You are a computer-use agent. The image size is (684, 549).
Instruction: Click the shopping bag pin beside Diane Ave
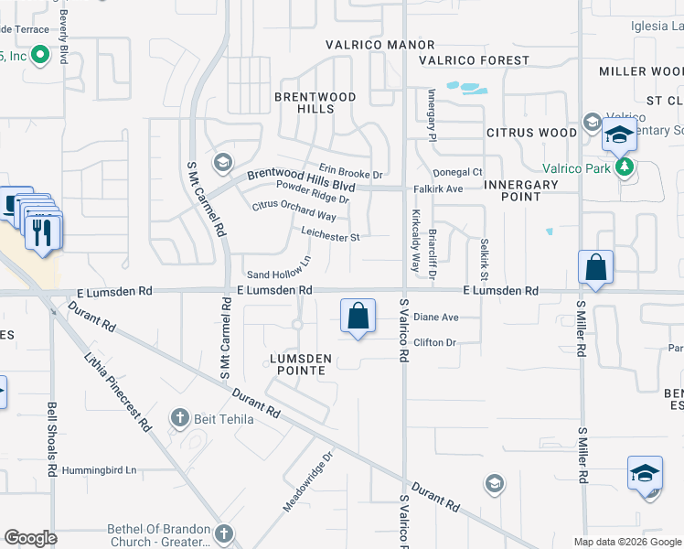pos(358,316)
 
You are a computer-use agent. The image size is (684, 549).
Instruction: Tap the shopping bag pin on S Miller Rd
pos(595,268)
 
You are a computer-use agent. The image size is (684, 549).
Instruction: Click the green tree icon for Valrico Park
pos(625,167)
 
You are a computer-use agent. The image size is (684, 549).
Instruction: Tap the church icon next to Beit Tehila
pos(179,418)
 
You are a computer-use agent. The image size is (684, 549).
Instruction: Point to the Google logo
pos(30,538)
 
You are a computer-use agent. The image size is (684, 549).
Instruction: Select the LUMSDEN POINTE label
pos(295,364)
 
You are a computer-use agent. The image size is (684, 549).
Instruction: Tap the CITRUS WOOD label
pos(531,133)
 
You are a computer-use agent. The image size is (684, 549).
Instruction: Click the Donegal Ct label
pos(457,172)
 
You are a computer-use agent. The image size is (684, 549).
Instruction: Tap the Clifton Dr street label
pos(434,342)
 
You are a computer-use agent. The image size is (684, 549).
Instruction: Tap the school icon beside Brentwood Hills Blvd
pos(221,163)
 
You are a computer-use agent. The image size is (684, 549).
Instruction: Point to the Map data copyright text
pos(626,542)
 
